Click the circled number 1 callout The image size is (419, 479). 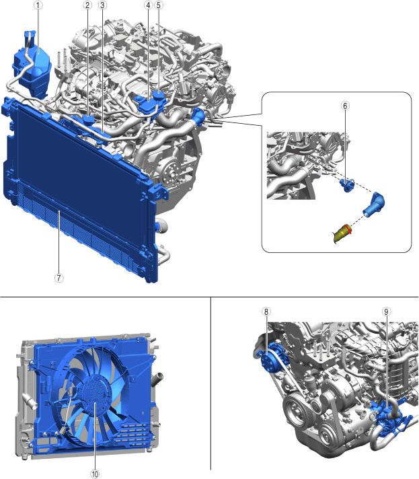tap(38, 5)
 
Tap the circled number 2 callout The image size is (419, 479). tap(87, 5)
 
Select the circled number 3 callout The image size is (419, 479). tap(102, 5)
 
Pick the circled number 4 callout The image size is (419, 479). tap(148, 5)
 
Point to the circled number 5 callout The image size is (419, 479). tap(159, 5)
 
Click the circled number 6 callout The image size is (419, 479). tap(345, 106)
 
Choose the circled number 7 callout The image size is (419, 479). tap(59, 278)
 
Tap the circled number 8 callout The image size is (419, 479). tap(266, 311)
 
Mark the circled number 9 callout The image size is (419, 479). tap(386, 311)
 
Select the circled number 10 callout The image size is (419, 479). tap(95, 474)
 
